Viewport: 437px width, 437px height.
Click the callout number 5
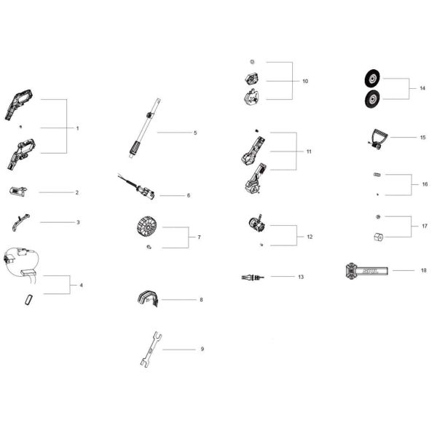(x=195, y=133)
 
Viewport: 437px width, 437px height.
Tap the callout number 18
(x=424, y=270)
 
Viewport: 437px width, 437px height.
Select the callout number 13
(x=301, y=277)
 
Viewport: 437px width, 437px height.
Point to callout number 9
(x=202, y=349)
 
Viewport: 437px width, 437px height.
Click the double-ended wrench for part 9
(x=151, y=349)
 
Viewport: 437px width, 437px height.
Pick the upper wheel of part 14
(x=372, y=79)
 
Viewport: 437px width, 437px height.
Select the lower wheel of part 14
(x=372, y=99)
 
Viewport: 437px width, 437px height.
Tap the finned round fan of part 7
(x=146, y=226)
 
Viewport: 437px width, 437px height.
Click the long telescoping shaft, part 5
(x=145, y=128)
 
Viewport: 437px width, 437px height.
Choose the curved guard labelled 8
(x=148, y=299)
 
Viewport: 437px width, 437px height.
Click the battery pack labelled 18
(x=366, y=271)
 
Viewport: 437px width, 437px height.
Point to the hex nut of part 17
(x=379, y=237)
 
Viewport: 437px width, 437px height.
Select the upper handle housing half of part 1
(x=19, y=104)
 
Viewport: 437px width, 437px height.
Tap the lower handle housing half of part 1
(x=21, y=154)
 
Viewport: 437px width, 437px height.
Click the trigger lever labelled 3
(x=20, y=222)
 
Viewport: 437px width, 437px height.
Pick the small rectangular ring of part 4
(x=29, y=299)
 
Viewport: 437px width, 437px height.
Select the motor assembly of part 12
(x=257, y=224)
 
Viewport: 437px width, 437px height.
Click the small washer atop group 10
(x=253, y=62)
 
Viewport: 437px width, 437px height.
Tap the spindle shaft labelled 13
(x=253, y=277)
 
